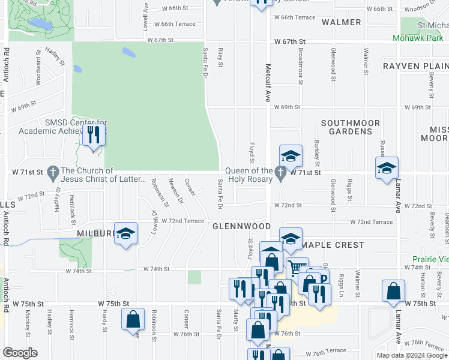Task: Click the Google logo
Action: click(20, 353)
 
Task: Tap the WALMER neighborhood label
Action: click(341, 22)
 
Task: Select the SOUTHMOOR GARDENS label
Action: click(351, 127)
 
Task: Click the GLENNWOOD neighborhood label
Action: click(242, 226)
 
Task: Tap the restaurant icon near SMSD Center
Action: click(93, 134)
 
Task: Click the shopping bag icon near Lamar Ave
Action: click(393, 291)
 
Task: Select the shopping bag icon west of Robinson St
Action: click(134, 319)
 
